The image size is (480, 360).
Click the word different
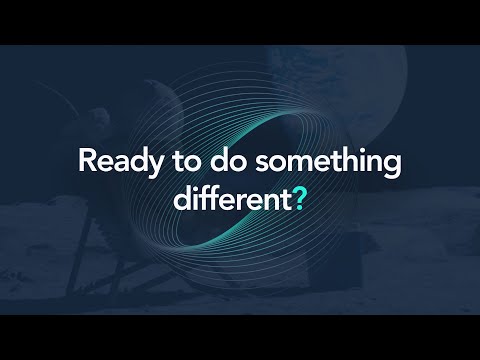pos(230,197)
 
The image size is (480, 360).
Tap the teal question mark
pos(298,197)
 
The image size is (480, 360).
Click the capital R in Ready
pos(85,161)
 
